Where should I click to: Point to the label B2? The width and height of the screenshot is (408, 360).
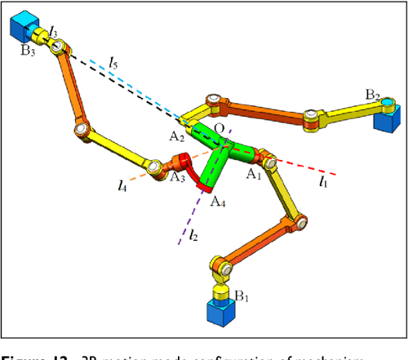[x=374, y=95]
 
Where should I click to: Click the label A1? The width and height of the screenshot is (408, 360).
[x=254, y=173]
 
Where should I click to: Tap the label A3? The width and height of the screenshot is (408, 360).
[x=177, y=175]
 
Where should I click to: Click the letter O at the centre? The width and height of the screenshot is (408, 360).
[x=218, y=130]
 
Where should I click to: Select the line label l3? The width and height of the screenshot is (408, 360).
[x=54, y=31]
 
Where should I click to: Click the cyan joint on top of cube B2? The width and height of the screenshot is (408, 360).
[x=388, y=103]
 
